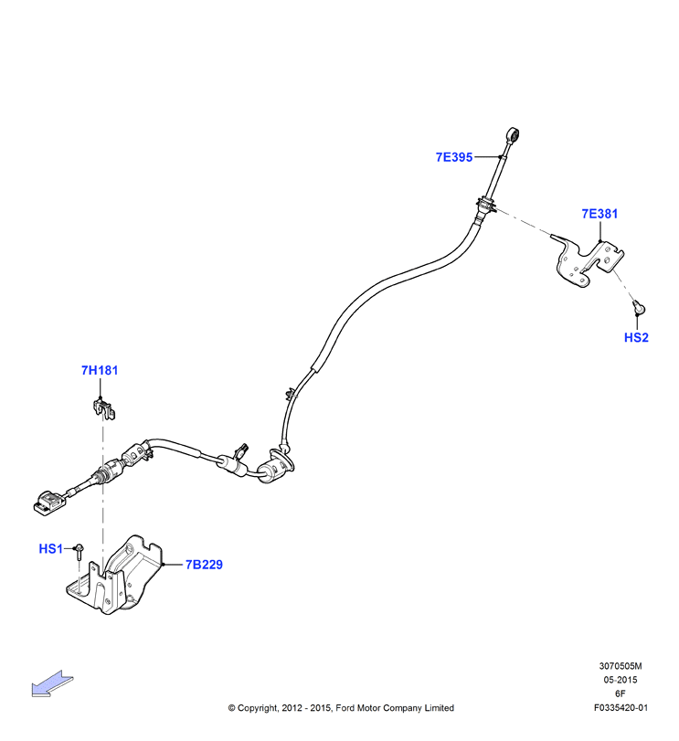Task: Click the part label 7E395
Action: click(x=453, y=157)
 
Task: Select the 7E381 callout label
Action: click(x=599, y=214)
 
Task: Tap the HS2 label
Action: click(x=636, y=337)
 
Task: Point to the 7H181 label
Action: click(x=100, y=371)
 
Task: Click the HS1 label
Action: click(x=50, y=548)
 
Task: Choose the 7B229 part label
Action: click(x=204, y=565)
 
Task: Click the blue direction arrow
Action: click(x=52, y=683)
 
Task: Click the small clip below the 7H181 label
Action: click(x=103, y=408)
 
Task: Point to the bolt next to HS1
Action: click(x=80, y=553)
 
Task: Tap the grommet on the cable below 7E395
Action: click(x=486, y=206)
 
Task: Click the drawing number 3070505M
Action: click(x=621, y=666)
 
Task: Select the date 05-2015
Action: click(x=621, y=680)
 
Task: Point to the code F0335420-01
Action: click(x=621, y=708)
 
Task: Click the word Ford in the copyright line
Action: click(x=345, y=708)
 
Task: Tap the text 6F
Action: click(x=620, y=693)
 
